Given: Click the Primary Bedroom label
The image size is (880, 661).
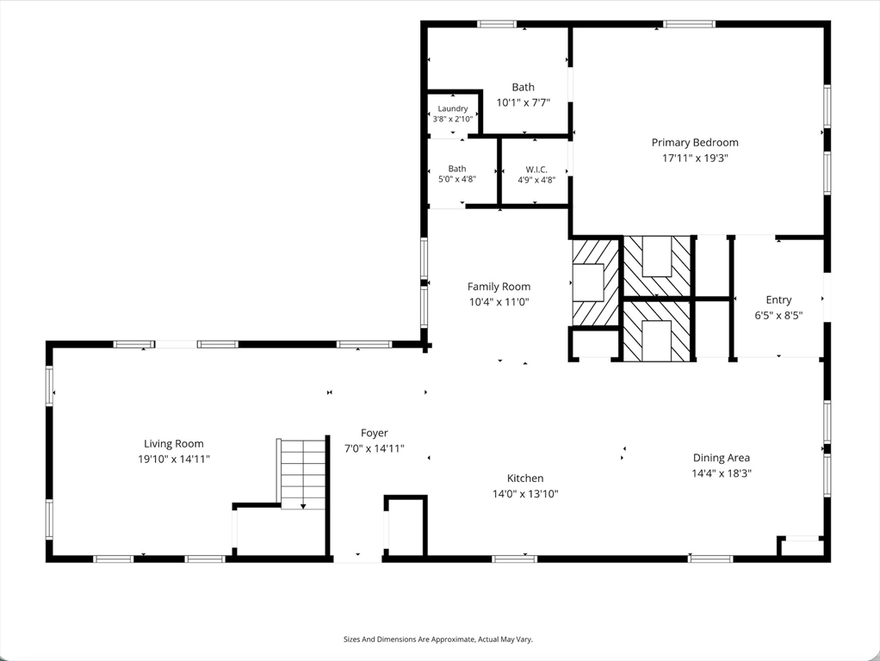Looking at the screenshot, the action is (x=695, y=143).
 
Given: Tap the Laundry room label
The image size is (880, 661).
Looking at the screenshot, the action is (x=453, y=108).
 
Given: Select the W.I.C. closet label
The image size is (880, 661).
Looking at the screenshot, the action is (x=536, y=170).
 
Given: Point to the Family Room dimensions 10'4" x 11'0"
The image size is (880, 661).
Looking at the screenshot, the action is (x=499, y=302).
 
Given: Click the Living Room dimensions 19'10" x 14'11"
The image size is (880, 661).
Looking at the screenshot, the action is (x=174, y=459).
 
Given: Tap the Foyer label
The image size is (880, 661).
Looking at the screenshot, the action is (x=375, y=433).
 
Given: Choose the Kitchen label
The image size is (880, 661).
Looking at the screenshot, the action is (x=525, y=479).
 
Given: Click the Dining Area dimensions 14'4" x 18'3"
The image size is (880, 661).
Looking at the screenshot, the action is (x=722, y=473).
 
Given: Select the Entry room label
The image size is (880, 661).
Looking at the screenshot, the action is (x=778, y=300).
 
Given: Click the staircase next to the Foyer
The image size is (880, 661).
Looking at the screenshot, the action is (x=302, y=474).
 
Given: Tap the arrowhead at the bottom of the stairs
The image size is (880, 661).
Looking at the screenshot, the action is (x=303, y=507).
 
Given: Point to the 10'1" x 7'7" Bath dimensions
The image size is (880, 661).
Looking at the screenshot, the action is (x=523, y=102).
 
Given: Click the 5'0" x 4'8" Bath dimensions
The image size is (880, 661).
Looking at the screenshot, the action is (x=457, y=180).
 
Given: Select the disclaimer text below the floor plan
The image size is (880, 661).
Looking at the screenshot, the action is (x=437, y=639).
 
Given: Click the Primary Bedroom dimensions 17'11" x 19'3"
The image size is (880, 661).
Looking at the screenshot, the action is (x=695, y=158).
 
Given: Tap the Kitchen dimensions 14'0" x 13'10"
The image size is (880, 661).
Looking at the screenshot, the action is (x=525, y=494).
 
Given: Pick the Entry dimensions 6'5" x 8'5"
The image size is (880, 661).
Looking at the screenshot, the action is (x=778, y=315).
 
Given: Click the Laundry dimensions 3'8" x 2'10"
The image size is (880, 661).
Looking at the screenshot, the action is (x=453, y=119).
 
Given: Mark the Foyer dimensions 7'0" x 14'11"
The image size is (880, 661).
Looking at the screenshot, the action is (x=375, y=449).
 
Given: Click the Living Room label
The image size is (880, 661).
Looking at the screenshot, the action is (x=174, y=444).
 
